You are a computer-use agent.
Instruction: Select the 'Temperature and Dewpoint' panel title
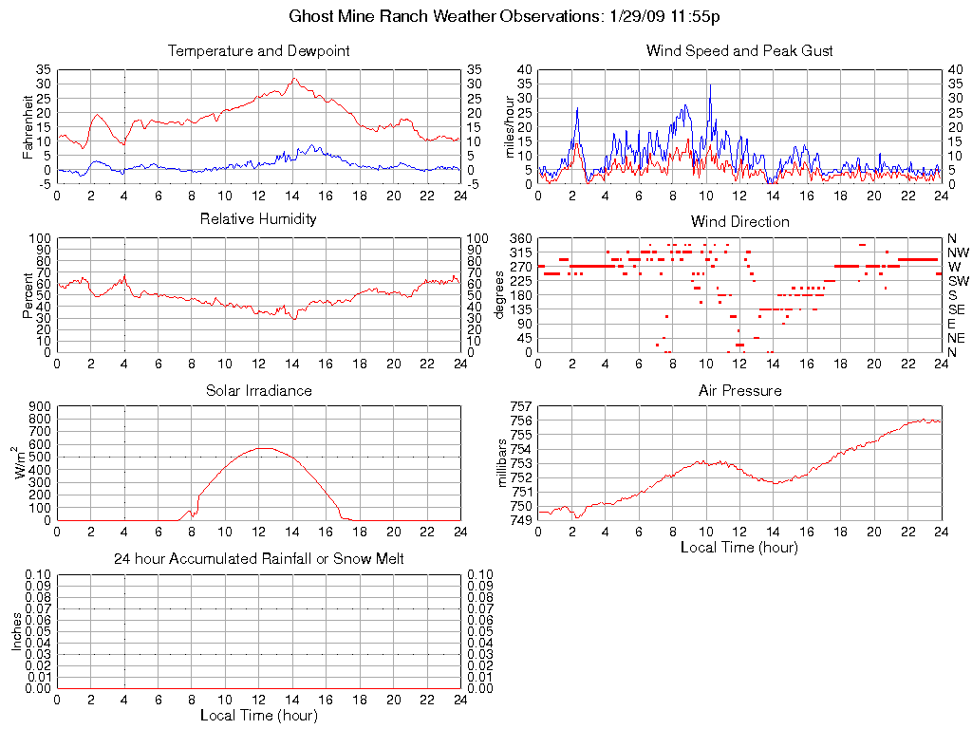coord(258,50)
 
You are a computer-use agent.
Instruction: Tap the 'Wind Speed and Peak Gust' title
coord(739,50)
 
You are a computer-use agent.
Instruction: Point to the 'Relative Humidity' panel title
coord(258,219)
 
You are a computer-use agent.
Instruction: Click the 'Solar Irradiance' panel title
coord(258,390)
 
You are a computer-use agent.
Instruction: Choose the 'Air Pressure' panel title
coord(739,390)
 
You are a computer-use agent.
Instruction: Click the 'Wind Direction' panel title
coord(739,221)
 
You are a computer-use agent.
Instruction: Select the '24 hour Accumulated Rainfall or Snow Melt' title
coord(258,559)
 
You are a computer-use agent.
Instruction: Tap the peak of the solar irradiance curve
coord(262,448)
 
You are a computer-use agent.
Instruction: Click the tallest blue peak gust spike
coord(709,85)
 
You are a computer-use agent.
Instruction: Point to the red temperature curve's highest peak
coord(294,79)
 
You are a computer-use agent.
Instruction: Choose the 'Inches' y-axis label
coord(17,630)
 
